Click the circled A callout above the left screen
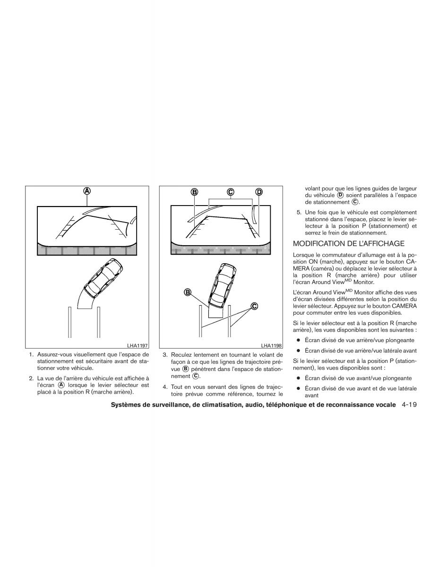tap(87, 191)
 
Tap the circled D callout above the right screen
tap(259, 192)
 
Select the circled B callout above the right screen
tap(194, 192)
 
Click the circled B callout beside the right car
tap(188, 292)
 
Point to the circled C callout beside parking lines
tap(254, 306)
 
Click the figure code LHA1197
tap(137, 346)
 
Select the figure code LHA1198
tap(271, 346)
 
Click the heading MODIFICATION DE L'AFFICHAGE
tap(349, 244)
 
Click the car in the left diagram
tap(103, 277)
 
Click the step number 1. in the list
tap(32, 354)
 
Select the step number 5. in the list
tap(299, 213)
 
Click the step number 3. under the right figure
tap(165, 355)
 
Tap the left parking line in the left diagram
tap(69, 322)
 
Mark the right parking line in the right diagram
tap(229, 321)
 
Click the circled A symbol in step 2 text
tap(61, 385)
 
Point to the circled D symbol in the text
tap(340, 195)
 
